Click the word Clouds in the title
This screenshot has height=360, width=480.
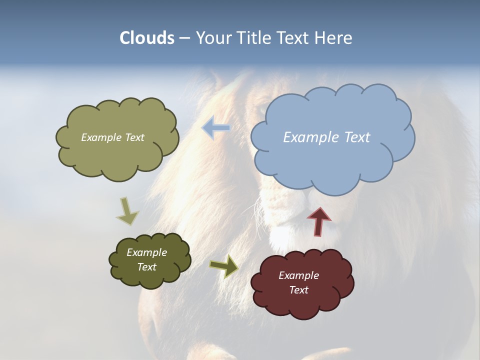pos(146,38)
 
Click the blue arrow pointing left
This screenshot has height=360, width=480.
pos(216,128)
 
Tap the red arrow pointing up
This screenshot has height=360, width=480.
pos(319,220)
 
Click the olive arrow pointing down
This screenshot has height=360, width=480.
pos(127,211)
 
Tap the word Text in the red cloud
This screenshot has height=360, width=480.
pos(298,290)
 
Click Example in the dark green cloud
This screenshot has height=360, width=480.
pos(146,252)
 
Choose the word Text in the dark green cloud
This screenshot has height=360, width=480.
pos(146,267)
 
